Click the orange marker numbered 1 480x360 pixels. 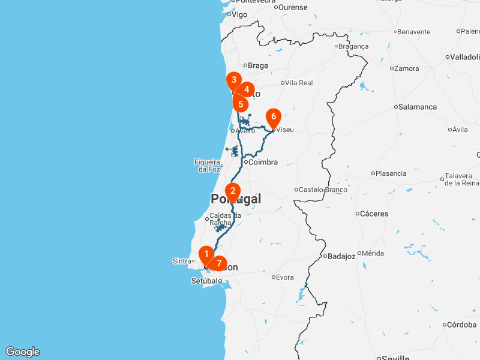tap(206, 254)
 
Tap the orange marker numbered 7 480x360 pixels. tap(219, 263)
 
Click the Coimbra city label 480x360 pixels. tap(263, 162)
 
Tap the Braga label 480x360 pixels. tap(257, 65)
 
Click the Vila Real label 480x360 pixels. tap(299, 83)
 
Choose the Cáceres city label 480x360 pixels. tap(374, 213)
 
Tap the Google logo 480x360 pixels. tap(23, 352)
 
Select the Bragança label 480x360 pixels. tap(353, 46)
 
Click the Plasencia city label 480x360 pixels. tap(391, 173)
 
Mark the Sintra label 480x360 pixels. tap(181, 261)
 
